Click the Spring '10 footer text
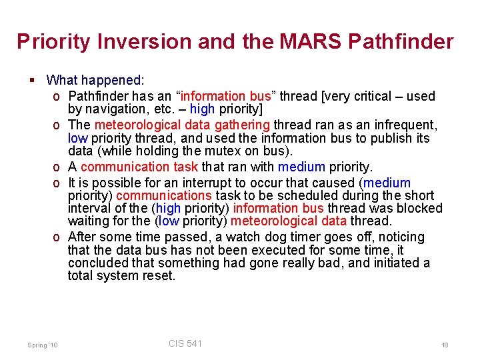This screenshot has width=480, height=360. [x=43, y=345]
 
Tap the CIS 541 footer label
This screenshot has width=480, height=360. [x=185, y=343]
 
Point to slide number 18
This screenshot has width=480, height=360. [x=445, y=345]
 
